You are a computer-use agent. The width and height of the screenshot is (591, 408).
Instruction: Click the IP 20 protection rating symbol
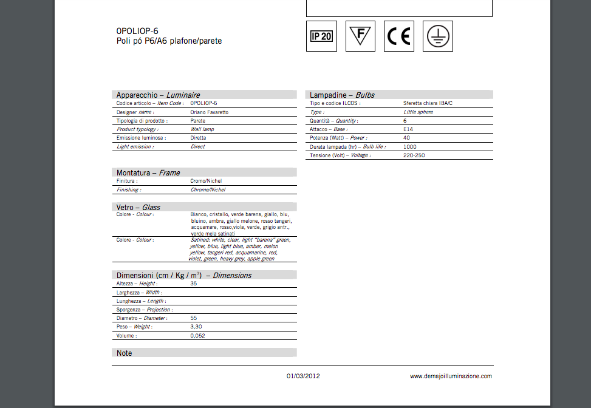click(321, 36)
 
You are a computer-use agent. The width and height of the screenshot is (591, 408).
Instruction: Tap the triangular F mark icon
click(360, 36)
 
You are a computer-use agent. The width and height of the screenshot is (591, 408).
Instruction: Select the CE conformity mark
click(398, 36)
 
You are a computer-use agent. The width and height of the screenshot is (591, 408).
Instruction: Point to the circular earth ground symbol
click(437, 36)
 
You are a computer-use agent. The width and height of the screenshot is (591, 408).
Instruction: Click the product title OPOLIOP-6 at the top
click(137, 31)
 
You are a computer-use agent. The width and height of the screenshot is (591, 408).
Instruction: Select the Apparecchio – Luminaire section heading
click(158, 95)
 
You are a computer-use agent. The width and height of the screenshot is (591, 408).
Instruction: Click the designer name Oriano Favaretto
click(210, 112)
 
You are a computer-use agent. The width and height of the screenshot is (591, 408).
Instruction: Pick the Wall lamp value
click(202, 129)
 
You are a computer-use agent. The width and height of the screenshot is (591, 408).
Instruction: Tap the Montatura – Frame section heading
click(148, 172)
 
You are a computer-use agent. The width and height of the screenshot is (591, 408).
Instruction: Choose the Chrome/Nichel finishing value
click(208, 190)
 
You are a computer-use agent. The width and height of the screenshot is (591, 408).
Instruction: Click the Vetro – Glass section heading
click(138, 207)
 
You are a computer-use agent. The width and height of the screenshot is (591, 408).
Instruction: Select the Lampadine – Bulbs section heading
click(342, 95)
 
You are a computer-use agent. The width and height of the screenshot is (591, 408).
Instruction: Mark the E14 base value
click(408, 129)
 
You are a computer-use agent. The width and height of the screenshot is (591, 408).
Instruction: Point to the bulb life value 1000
click(410, 147)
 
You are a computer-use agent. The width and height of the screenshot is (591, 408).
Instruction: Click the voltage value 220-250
click(414, 155)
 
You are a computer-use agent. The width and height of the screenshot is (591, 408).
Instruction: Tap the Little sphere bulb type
click(418, 112)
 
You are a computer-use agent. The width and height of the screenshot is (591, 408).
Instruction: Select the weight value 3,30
click(197, 327)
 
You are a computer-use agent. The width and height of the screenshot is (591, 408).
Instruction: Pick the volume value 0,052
click(197, 336)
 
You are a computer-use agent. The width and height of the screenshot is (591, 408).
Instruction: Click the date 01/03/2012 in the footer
click(303, 376)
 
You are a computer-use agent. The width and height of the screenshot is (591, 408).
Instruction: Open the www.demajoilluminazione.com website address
click(451, 376)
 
